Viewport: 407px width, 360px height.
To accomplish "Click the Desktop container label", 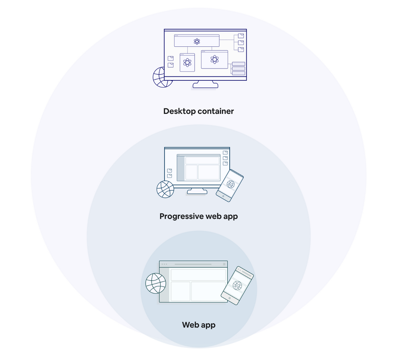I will (199, 111).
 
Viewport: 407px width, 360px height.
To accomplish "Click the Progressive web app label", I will (199, 216).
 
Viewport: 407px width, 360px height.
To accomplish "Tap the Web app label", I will (199, 325).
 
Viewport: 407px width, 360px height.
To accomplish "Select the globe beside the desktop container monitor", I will (161, 77).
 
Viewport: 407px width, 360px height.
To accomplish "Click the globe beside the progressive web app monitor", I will (165, 189).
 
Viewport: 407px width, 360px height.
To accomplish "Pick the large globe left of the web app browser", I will (156, 283).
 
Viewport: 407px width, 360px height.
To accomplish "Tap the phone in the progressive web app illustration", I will (230, 185).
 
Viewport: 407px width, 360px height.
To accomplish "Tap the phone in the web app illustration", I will (237, 285).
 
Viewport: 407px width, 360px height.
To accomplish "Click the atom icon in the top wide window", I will (197, 41).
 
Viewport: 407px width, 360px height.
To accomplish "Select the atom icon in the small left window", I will (187, 63).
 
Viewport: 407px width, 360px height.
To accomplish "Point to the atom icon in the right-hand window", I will (214, 60).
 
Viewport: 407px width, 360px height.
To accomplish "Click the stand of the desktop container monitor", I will (205, 85).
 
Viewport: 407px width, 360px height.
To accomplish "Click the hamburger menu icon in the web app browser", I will (224, 264).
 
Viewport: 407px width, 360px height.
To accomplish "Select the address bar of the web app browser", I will (193, 264).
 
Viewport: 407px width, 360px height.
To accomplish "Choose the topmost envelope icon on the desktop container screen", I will (241, 36).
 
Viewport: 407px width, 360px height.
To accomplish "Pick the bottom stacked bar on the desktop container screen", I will (238, 73).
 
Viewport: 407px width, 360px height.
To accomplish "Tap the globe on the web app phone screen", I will (237, 285).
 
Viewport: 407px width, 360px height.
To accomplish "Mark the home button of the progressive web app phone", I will (223, 196).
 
